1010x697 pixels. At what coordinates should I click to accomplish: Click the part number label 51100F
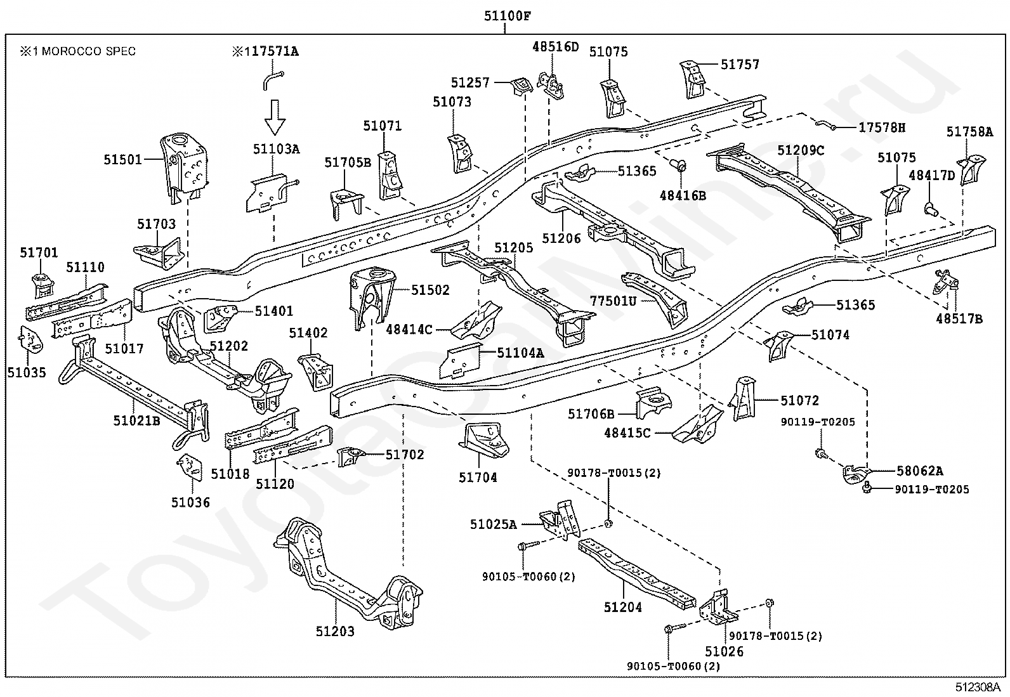coord(508,16)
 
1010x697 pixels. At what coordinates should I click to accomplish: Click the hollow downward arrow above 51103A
coord(275,117)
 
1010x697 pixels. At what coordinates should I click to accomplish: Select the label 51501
coord(122,160)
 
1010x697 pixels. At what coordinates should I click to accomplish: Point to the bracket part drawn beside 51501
coord(185,167)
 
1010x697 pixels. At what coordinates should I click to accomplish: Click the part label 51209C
coord(801,150)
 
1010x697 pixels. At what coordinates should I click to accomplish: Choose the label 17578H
coord(881,127)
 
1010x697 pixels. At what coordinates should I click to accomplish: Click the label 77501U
coord(613,301)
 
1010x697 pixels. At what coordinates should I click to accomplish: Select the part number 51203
coord(335,631)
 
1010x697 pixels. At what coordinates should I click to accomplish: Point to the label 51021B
coord(136,420)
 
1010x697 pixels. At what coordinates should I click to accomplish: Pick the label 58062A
coord(920,471)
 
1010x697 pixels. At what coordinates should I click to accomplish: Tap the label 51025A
coord(494,524)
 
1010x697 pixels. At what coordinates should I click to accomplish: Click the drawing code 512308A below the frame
coord(978,687)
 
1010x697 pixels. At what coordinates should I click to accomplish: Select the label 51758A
coord(969,132)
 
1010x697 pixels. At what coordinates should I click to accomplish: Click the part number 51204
coord(622,608)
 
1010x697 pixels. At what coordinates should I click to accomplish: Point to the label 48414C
coord(409,330)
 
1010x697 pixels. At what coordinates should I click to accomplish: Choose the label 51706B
coord(591,414)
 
